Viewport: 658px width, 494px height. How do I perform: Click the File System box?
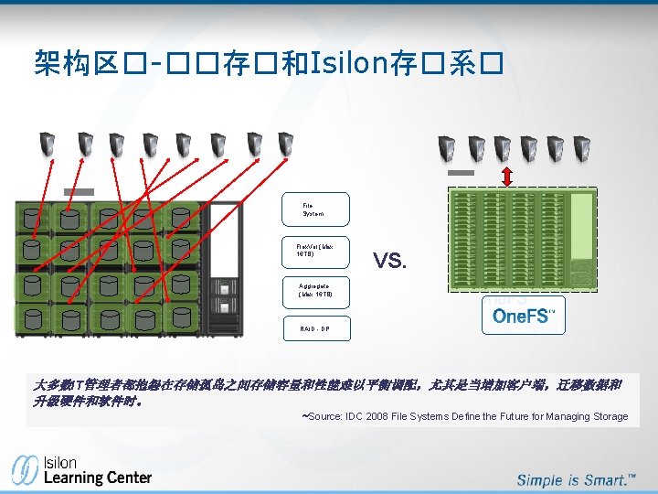314,209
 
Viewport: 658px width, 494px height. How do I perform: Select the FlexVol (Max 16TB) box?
314,253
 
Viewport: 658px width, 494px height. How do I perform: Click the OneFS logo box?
523,316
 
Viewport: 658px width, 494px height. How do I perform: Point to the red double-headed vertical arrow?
507,176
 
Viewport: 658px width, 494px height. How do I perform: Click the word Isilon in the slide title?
345,63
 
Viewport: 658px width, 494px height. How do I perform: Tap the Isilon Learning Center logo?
81,468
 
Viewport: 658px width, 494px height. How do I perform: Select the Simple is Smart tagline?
575,479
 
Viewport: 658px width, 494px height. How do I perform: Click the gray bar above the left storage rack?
80,191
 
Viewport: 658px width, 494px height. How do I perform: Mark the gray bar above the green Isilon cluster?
461,172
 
